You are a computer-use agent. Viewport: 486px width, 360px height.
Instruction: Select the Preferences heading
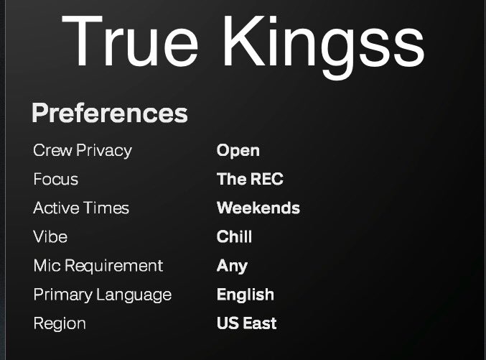110,113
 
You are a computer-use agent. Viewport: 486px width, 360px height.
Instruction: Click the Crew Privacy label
83,151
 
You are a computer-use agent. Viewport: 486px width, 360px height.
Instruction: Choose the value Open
238,151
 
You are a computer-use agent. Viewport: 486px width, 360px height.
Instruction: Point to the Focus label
55,180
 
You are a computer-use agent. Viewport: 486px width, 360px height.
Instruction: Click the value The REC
250,180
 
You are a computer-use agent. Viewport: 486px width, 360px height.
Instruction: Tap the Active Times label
81,208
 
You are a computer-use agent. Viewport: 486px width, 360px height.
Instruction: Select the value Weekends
258,208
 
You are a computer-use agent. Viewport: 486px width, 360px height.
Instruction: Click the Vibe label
50,237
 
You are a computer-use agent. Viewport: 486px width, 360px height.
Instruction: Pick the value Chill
234,237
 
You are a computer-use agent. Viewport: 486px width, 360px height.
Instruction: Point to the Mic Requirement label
98,266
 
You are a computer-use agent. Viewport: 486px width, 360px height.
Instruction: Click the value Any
232,266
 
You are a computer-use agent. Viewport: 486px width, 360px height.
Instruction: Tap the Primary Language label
102,295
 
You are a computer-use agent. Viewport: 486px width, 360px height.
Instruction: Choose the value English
245,295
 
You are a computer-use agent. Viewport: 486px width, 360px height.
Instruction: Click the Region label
60,323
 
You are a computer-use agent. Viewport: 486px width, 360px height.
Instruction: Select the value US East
246,323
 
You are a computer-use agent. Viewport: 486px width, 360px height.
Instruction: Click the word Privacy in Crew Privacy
104,151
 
